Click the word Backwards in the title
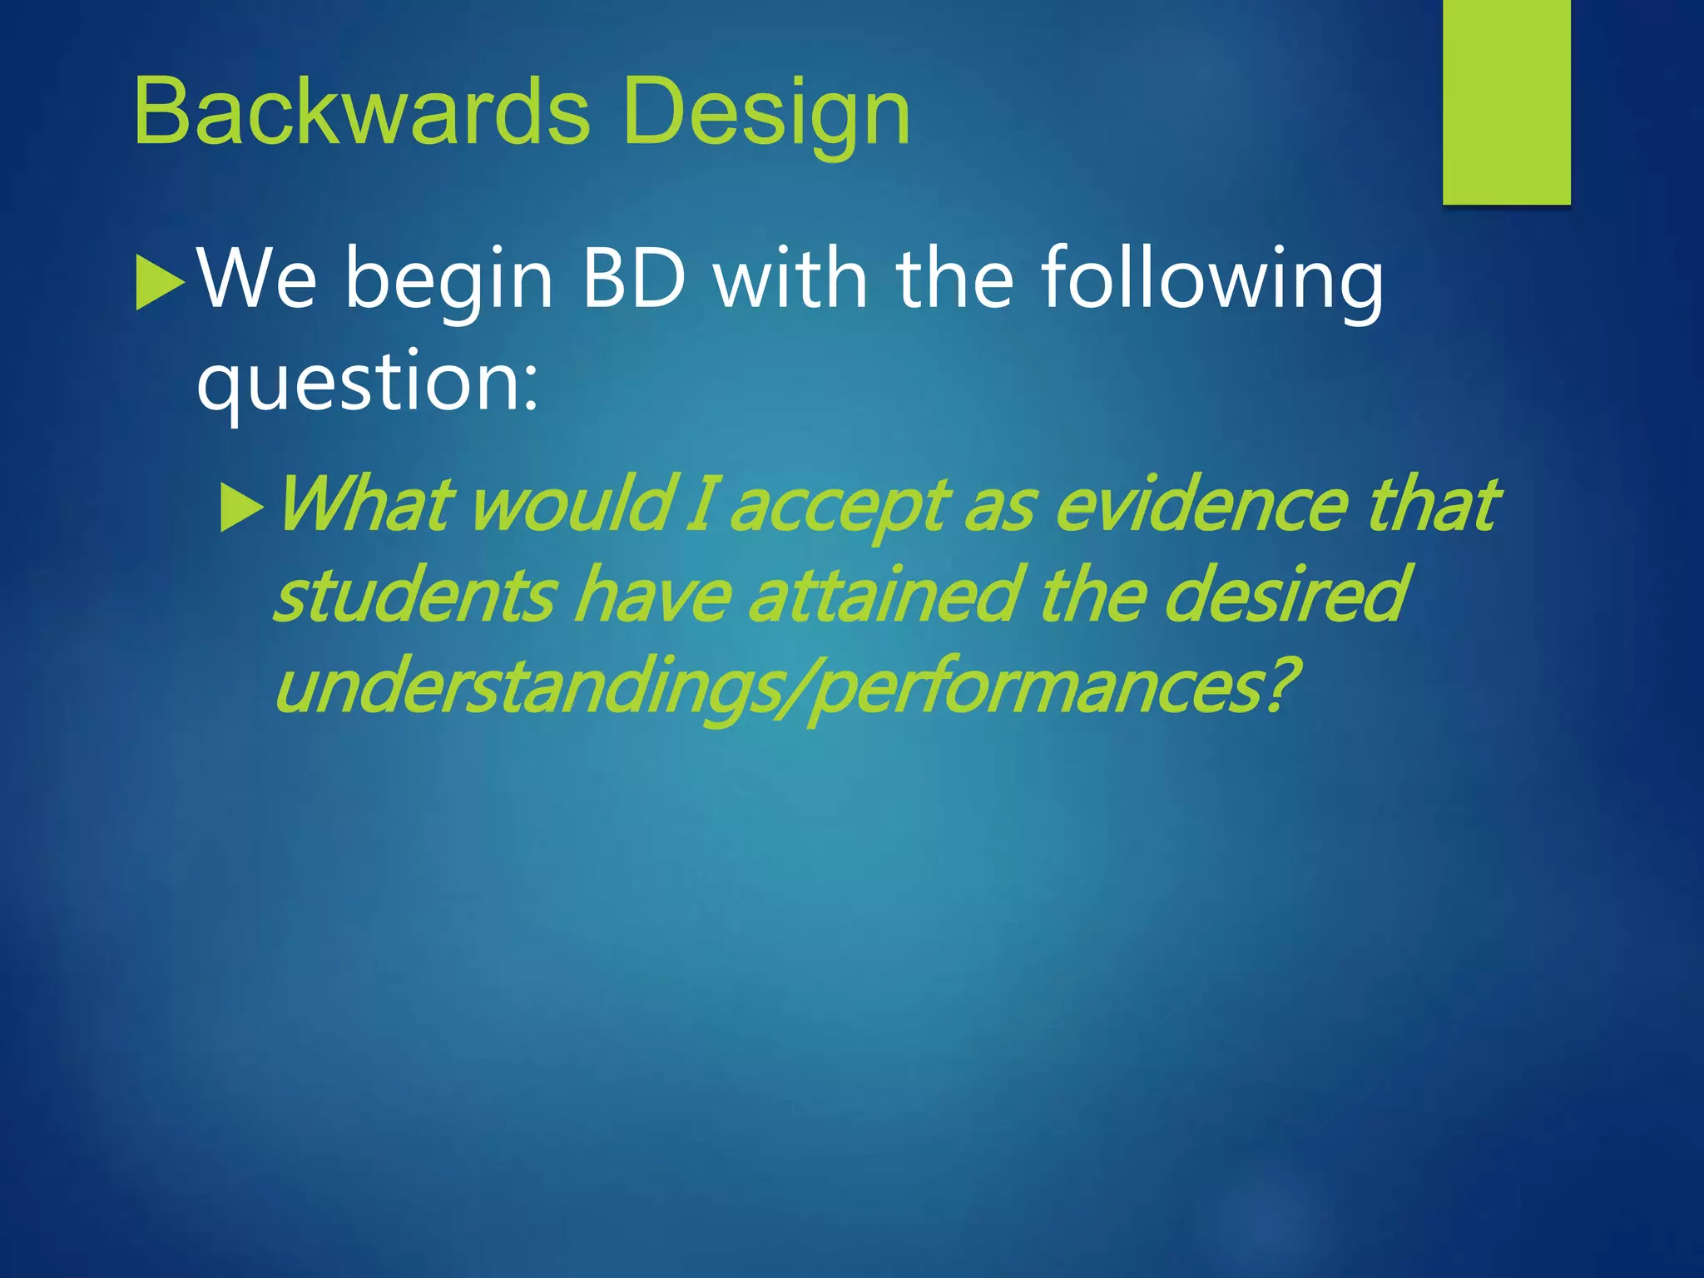pyautogui.click(x=361, y=111)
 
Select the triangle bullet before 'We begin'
pyautogui.click(x=159, y=284)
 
